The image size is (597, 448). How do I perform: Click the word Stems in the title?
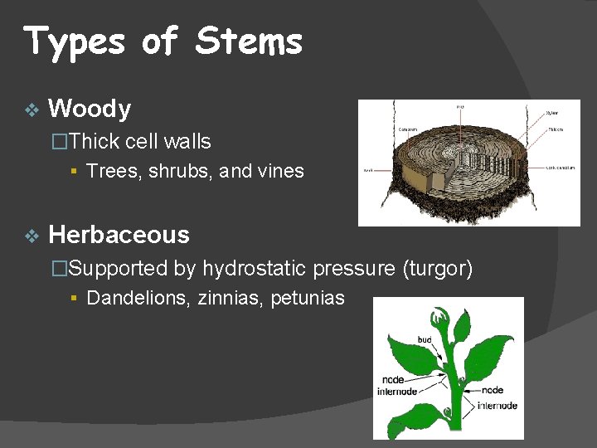pyautogui.click(x=249, y=41)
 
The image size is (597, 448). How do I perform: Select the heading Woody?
pyautogui.click(x=90, y=109)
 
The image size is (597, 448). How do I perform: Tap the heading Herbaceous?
pyautogui.click(x=119, y=235)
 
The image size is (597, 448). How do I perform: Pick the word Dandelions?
pyautogui.click(x=138, y=299)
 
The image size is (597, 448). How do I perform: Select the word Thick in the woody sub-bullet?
pyautogui.click(x=95, y=142)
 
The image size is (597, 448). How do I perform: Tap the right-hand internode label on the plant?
pyautogui.click(x=497, y=406)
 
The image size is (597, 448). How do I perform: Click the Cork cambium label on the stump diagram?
pyautogui.click(x=561, y=167)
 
